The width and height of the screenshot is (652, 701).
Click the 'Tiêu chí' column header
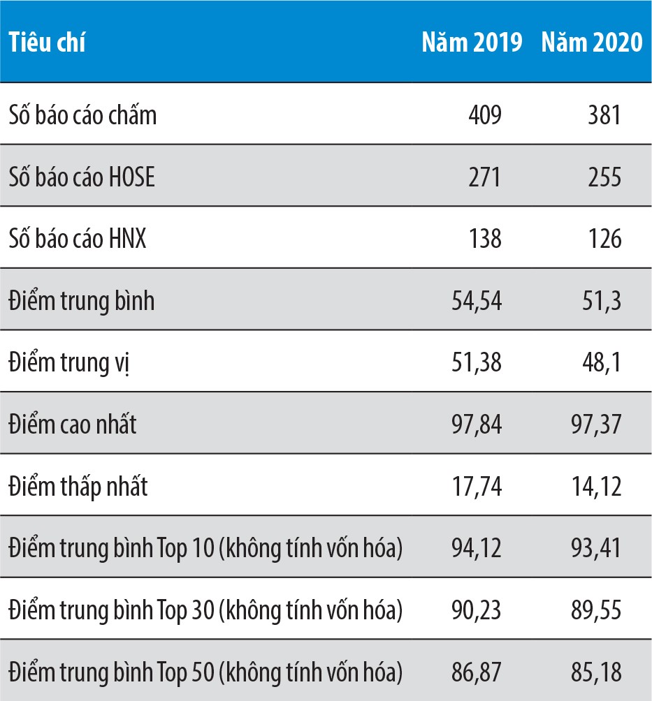pyautogui.click(x=48, y=43)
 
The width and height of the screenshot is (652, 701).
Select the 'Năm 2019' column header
pyautogui.click(x=472, y=43)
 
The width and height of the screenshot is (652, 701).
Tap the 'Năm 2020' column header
pyautogui.click(x=591, y=43)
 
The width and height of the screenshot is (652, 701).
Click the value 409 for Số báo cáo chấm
pyautogui.click(x=484, y=115)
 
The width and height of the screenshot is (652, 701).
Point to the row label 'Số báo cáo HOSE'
pyautogui.click(x=82, y=177)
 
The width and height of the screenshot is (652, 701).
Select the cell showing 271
pyautogui.click(x=484, y=177)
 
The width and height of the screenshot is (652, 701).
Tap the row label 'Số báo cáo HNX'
pyautogui.click(x=78, y=239)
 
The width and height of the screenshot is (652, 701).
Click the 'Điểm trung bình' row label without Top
pyautogui.click(x=82, y=301)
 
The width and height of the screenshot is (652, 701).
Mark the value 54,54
pyautogui.click(x=477, y=301)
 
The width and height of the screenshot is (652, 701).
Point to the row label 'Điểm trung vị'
pyautogui.click(x=69, y=363)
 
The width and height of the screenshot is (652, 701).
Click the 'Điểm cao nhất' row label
pyautogui.click(x=73, y=425)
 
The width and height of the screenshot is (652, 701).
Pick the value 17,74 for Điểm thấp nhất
pyautogui.click(x=477, y=487)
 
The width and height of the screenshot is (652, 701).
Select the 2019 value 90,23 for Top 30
pyautogui.click(x=477, y=611)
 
